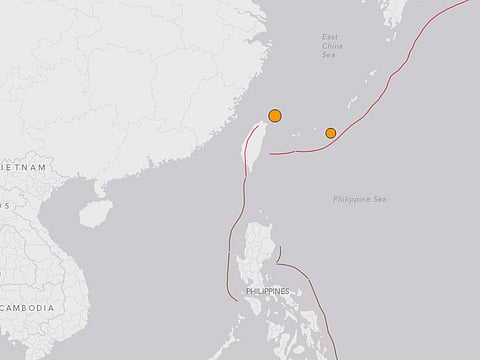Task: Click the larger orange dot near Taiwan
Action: coord(275,116)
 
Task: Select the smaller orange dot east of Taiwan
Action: coord(331,132)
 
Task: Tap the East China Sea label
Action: coord(330,46)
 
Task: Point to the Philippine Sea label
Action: coord(360,200)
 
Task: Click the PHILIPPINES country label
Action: coord(267,291)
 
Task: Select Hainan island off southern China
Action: coord(96,212)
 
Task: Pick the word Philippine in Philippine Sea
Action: coord(351,200)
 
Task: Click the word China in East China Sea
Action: coord(330,46)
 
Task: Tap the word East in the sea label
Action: coord(330,37)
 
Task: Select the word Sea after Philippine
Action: coord(380,200)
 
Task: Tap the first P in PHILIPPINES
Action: coord(247,291)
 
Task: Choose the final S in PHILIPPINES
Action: coord(287,291)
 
